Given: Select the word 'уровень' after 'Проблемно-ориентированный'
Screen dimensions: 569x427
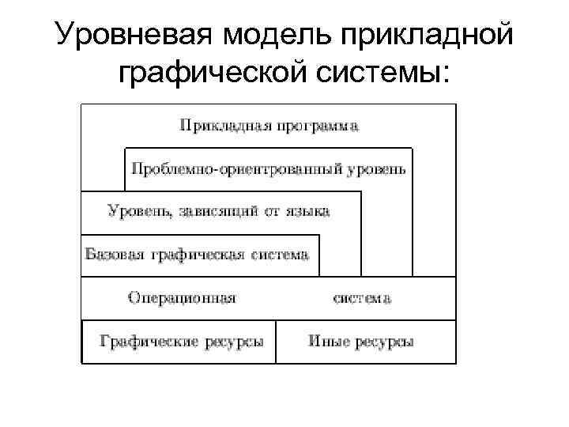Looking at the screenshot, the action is pos(376,169).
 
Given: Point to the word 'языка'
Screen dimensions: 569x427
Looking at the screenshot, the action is pos(306,211).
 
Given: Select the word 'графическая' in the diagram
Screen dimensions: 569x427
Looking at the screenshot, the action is pos(194,255).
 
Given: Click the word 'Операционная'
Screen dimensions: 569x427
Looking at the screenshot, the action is pos(182,298).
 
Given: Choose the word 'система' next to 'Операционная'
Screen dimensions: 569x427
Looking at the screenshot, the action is pos(361,298).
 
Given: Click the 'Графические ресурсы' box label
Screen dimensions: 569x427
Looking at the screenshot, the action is pos(181,342).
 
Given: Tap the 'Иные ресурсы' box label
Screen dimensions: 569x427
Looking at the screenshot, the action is pos(360,342).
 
